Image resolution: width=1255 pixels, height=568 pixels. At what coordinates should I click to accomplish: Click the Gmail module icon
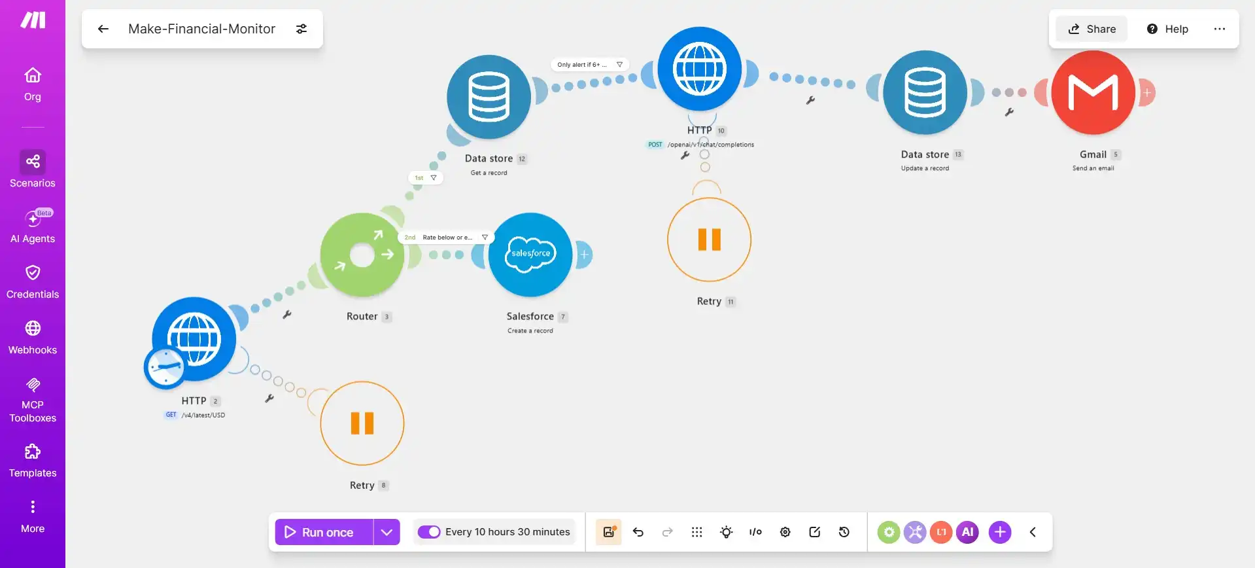pos(1093,92)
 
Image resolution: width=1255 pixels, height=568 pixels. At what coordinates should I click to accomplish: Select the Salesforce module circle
pos(530,255)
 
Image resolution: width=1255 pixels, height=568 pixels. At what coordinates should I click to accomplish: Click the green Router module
pos(362,255)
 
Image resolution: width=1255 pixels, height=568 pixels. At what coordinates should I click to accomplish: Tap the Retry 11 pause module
pos(709,240)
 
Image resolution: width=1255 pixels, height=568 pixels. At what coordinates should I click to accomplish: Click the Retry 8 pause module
pos(362,423)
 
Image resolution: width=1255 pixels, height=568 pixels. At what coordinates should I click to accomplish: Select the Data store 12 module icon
pos(489,97)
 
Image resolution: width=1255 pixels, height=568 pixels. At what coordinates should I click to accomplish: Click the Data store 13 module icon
pos(925,92)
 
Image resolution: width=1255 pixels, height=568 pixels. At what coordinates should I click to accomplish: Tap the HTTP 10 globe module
pos(700,69)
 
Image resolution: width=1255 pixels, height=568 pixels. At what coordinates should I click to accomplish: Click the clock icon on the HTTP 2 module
pos(165,367)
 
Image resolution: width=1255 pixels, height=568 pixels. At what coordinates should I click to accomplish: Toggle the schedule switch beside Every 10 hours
pos(429,532)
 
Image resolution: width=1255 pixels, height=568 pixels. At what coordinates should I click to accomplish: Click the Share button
pos(1092,29)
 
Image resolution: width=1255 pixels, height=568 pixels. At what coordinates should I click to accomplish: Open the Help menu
pos(1167,29)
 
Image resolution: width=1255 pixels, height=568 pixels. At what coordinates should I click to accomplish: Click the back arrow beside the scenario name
pos(103,29)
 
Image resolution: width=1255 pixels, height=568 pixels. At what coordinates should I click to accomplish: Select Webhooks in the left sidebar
pos(33,338)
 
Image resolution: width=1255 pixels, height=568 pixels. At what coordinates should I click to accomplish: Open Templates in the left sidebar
pos(33,461)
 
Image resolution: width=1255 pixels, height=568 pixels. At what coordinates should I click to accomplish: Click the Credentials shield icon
pos(33,272)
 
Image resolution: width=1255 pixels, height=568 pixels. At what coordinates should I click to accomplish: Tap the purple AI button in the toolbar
pos(968,532)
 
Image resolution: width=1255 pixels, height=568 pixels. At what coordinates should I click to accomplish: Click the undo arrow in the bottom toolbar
pos(638,532)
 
